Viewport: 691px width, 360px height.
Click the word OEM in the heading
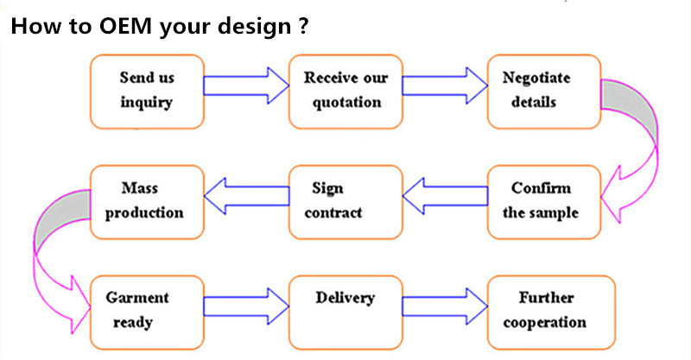click(x=125, y=26)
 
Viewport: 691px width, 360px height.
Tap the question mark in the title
click(x=303, y=26)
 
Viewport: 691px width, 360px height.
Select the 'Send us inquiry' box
click(x=147, y=92)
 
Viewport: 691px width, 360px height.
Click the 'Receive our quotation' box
click(x=346, y=92)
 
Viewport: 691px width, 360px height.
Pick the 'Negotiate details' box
click(x=544, y=92)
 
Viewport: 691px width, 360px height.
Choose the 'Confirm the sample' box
click(x=544, y=202)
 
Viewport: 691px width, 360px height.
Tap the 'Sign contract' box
click(x=346, y=202)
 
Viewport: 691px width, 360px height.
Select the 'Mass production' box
click(x=147, y=202)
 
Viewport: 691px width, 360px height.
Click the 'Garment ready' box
click(x=147, y=313)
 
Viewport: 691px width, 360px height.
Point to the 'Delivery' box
click(x=346, y=313)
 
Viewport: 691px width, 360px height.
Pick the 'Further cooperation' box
click(x=551, y=313)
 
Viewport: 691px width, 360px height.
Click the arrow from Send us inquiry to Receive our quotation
click(x=246, y=86)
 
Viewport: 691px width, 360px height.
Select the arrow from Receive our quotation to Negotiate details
click(x=445, y=86)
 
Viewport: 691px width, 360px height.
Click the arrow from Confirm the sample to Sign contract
click(x=445, y=196)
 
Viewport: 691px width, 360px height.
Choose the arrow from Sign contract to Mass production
click(x=247, y=196)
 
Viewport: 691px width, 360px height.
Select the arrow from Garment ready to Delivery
click(x=246, y=306)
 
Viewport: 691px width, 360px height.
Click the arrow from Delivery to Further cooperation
click(x=445, y=306)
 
